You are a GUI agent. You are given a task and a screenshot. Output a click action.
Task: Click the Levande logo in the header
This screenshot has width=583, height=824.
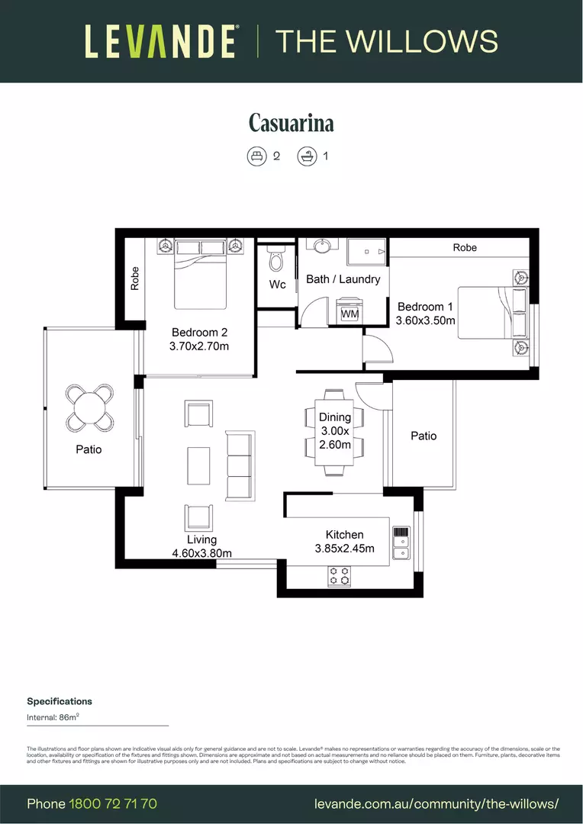pyautogui.click(x=160, y=41)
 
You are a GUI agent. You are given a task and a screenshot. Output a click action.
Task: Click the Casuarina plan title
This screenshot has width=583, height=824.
pyautogui.click(x=291, y=123)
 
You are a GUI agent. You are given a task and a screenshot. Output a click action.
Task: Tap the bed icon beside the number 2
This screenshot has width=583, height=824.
pyautogui.click(x=256, y=156)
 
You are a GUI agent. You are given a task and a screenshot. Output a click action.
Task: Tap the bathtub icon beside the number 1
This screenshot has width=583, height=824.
pyautogui.click(x=307, y=156)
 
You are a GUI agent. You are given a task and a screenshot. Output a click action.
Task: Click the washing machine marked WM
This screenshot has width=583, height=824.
pyautogui.click(x=350, y=313)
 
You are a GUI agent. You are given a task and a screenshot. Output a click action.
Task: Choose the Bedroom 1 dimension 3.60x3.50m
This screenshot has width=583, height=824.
pyautogui.click(x=425, y=320)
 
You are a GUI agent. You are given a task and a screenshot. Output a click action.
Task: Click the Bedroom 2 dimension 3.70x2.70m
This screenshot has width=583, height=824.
pyautogui.click(x=199, y=346)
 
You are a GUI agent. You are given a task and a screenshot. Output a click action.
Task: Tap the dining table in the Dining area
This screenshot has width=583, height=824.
pyautogui.click(x=335, y=430)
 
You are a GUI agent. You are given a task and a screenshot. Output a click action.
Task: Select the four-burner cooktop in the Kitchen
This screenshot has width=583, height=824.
pyautogui.click(x=339, y=576)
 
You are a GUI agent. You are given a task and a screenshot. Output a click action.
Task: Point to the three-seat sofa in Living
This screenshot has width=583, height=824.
pyautogui.click(x=239, y=465)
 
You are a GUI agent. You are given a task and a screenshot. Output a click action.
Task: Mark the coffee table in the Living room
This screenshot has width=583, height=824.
pyautogui.click(x=198, y=465)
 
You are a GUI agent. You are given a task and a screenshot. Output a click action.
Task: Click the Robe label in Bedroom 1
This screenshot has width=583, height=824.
pyautogui.click(x=465, y=248)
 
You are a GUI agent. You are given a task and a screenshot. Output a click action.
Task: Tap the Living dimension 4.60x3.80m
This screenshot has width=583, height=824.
pyautogui.click(x=202, y=553)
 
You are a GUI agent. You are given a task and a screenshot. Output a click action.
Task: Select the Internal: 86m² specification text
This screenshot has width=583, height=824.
pyautogui.click(x=53, y=717)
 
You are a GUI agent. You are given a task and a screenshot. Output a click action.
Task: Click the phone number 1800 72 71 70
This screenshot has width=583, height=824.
pyautogui.click(x=113, y=804)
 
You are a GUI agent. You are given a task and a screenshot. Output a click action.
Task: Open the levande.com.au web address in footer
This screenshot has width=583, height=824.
pyautogui.click(x=436, y=804)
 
